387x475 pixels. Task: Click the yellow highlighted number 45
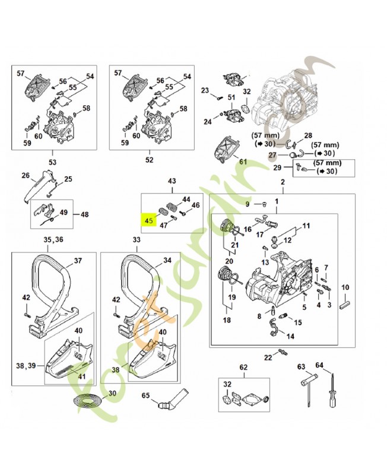click(148, 220)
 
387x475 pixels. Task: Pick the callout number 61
click(243, 161)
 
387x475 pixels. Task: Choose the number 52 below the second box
click(149, 160)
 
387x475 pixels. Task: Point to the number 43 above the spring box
click(172, 181)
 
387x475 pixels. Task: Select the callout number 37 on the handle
click(77, 261)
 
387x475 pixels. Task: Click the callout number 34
click(167, 260)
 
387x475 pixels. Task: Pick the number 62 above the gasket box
click(242, 368)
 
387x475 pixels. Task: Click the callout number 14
click(290, 336)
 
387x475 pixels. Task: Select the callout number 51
click(231, 97)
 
